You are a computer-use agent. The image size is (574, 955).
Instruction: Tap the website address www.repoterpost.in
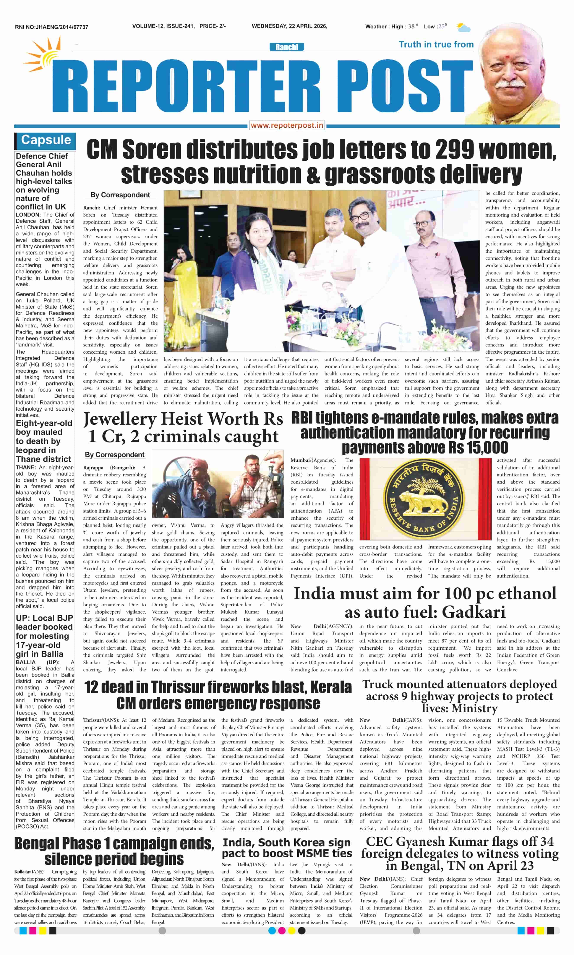pyautogui.click(x=287, y=125)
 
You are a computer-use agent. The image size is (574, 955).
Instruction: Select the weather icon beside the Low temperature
pyautogui.click(x=463, y=27)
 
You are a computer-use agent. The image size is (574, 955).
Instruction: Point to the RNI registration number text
pyautogui.click(x=52, y=27)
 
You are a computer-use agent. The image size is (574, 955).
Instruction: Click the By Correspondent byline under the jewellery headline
pyautogui.click(x=115, y=455)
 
